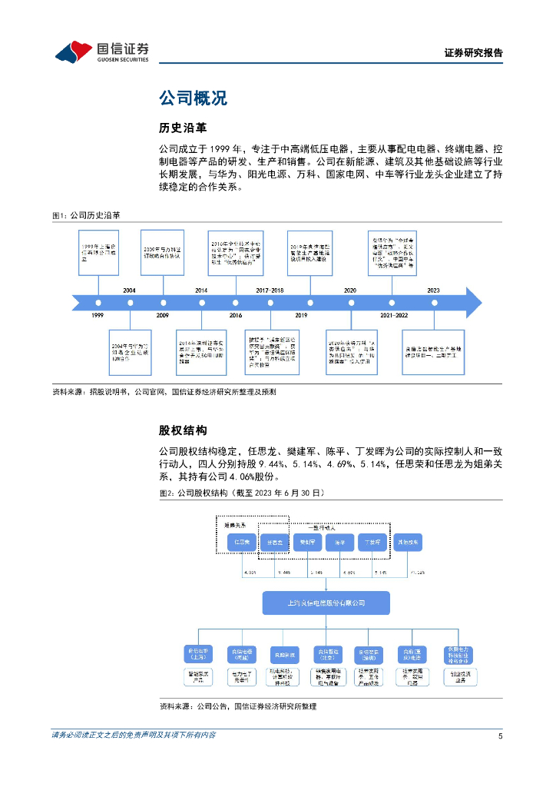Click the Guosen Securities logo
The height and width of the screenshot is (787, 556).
[102, 51]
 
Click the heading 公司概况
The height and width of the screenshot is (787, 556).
[193, 98]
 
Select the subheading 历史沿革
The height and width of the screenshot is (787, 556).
[182, 127]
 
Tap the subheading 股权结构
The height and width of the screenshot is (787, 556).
[182, 430]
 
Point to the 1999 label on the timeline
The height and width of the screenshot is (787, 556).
[98, 316]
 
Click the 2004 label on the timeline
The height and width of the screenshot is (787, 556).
[129, 290]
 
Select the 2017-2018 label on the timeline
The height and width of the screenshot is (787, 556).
[270, 290]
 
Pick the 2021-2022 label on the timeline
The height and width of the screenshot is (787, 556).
[393, 316]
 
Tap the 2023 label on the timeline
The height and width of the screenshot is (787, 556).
[433, 290]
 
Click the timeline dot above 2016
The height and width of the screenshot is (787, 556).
[235, 302]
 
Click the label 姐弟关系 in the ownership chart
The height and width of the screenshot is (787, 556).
[237, 524]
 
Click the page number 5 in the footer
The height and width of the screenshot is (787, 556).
[500, 736]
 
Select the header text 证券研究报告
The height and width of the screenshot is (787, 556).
[474, 53]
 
